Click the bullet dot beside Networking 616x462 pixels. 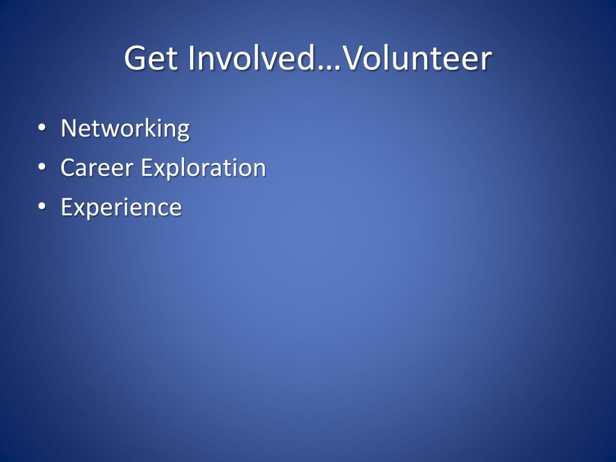point(42,128)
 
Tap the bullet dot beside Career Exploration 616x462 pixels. point(42,167)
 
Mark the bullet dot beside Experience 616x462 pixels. point(42,206)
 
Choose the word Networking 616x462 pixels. point(125,129)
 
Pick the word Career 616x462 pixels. point(97,168)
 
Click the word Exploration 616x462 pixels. point(203,168)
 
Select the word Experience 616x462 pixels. point(122,208)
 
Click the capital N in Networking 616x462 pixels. point(69,128)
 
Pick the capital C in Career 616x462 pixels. point(69,168)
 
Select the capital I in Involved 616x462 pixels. point(191,58)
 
